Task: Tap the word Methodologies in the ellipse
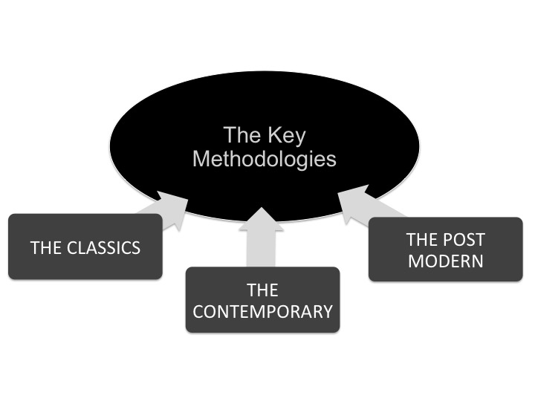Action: pyautogui.click(x=264, y=159)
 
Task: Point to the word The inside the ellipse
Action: pyautogui.click(x=241, y=136)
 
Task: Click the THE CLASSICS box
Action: pyautogui.click(x=85, y=247)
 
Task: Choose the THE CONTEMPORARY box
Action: pyautogui.click(x=262, y=299)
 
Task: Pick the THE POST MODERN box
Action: pyautogui.click(x=445, y=250)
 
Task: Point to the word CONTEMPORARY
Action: pyautogui.click(x=262, y=310)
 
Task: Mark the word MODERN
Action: pyautogui.click(x=445, y=261)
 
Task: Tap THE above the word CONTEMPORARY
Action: pyautogui.click(x=262, y=289)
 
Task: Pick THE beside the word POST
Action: pyautogui.click(x=424, y=239)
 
